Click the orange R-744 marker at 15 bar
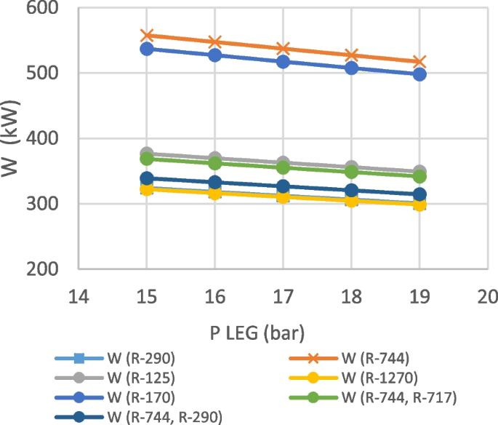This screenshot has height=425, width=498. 147,35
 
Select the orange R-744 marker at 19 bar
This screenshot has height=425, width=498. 419,62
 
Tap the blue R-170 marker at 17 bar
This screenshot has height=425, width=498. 283,62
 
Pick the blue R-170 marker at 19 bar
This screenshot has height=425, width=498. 419,74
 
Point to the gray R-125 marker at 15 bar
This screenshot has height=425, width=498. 147,154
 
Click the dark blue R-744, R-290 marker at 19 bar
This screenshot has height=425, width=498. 419,194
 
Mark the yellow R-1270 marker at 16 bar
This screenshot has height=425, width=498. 215,193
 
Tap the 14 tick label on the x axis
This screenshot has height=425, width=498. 79,296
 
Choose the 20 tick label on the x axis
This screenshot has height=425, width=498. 488,296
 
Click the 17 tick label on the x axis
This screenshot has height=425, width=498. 283,296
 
